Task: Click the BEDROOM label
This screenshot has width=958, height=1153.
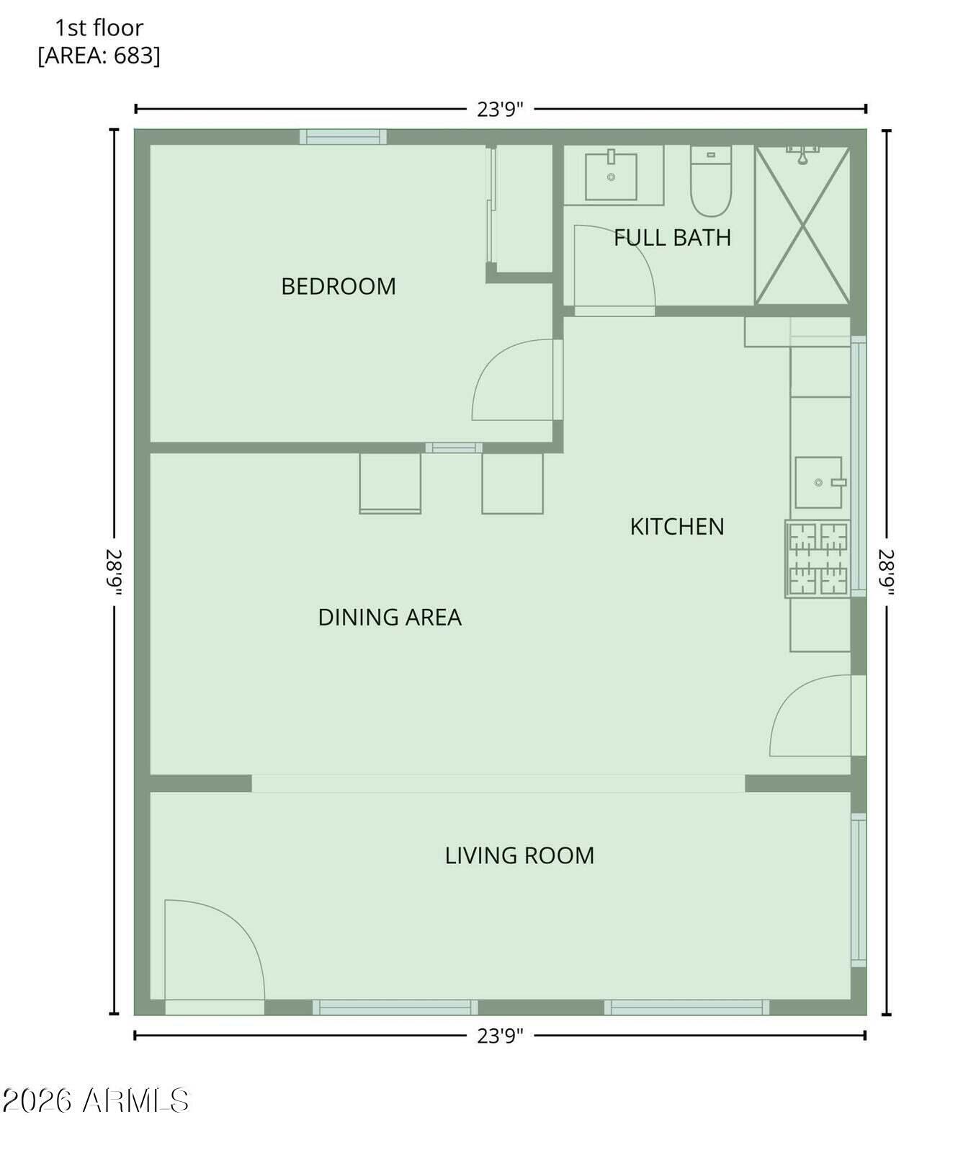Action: tap(339, 287)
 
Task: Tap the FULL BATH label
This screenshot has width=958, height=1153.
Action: tap(672, 238)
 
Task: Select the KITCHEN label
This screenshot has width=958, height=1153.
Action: tap(676, 527)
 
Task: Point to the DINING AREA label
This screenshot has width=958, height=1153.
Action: tap(390, 618)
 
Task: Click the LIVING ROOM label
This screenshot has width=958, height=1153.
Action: tap(519, 856)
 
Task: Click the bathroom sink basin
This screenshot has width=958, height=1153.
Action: tap(611, 176)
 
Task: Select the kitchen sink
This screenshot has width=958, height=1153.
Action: tap(819, 482)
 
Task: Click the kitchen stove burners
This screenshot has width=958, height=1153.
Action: tap(818, 558)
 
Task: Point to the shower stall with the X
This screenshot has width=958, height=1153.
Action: tap(802, 225)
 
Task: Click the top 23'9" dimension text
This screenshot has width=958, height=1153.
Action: tap(500, 110)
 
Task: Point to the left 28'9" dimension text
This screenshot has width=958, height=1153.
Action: tap(115, 572)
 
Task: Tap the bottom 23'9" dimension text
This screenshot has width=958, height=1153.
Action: tap(500, 1036)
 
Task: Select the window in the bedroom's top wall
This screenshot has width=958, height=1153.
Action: tap(343, 137)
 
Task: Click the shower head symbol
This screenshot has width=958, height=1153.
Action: tap(802, 154)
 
